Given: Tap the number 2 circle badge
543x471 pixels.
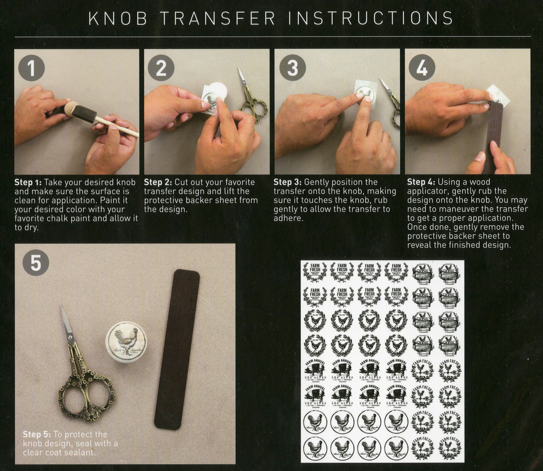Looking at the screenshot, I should pyautogui.click(x=161, y=68).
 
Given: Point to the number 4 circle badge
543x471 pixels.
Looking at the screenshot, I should pyautogui.click(x=422, y=68).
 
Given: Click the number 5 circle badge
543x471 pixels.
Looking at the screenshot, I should pyautogui.click(x=36, y=263).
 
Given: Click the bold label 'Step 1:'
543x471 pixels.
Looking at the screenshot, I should pyautogui.click(x=28, y=182).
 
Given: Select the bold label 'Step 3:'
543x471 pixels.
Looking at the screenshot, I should pyautogui.click(x=287, y=182).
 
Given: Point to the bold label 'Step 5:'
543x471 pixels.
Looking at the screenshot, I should pyautogui.click(x=36, y=435).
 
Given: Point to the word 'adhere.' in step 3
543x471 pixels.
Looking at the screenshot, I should pyautogui.click(x=288, y=218).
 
